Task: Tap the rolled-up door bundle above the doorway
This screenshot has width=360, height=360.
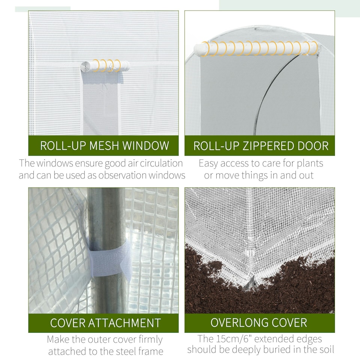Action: coord(255,48)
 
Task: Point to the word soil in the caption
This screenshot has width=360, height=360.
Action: coord(325,349)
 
